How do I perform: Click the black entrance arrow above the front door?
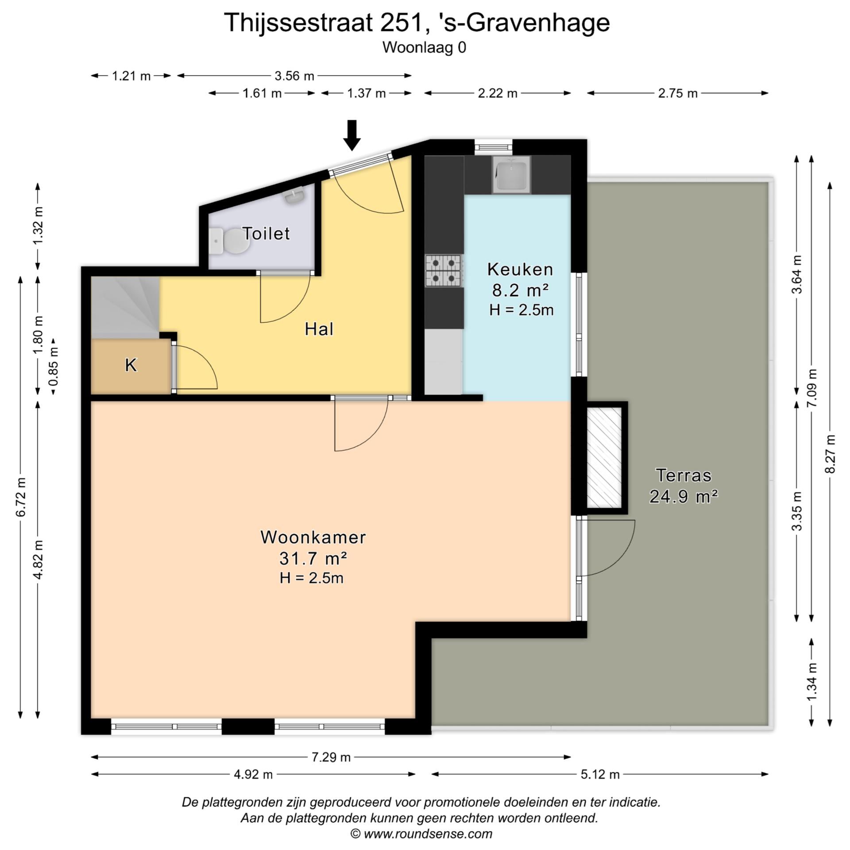(352, 135)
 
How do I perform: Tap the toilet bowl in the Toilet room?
(230, 242)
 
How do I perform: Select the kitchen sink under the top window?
(511, 174)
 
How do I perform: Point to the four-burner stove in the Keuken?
(444, 270)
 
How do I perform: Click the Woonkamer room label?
(313, 537)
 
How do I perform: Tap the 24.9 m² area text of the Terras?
(683, 496)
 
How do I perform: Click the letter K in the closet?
(131, 365)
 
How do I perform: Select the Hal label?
(319, 329)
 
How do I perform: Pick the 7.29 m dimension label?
(331, 757)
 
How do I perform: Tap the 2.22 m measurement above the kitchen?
(497, 93)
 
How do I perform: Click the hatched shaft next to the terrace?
(604, 458)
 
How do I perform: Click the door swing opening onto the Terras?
(607, 548)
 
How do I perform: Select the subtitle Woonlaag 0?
(424, 47)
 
